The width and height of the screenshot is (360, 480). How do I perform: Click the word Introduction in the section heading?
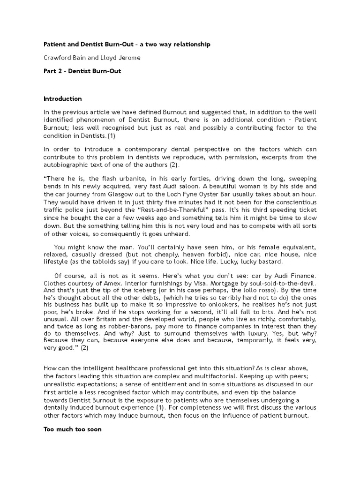[x=62, y=99]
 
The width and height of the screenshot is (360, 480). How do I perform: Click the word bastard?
[x=267, y=262]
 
